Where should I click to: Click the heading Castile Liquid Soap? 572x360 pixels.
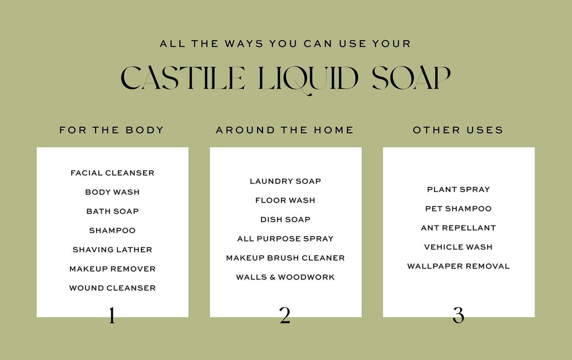coord(285,79)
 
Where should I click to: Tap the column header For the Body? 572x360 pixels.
coord(112,130)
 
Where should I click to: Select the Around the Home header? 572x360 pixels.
coord(285,130)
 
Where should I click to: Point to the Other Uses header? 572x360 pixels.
coord(458,130)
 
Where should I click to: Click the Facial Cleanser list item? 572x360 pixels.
coord(112,173)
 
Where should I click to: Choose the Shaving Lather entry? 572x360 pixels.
coord(112,249)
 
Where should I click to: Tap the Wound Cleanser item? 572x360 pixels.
coord(112,288)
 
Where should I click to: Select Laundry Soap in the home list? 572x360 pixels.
coord(285,181)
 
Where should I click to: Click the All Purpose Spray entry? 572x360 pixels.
coord(285,238)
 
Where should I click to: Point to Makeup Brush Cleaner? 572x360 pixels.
coord(285,258)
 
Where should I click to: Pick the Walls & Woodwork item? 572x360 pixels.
coord(285,277)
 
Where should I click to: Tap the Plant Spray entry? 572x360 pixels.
coord(459,189)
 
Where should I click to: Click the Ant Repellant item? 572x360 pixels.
coord(459,228)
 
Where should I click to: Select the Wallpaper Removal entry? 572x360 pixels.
coord(459,266)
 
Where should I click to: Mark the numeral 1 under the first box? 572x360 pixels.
coord(112,315)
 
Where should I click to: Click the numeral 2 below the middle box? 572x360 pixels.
coord(285,315)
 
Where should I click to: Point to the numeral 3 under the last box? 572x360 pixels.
coord(458,315)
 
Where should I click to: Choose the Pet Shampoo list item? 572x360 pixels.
coord(459,209)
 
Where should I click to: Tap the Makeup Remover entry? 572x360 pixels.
coord(112,269)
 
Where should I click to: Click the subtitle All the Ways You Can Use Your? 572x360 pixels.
coord(285,44)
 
